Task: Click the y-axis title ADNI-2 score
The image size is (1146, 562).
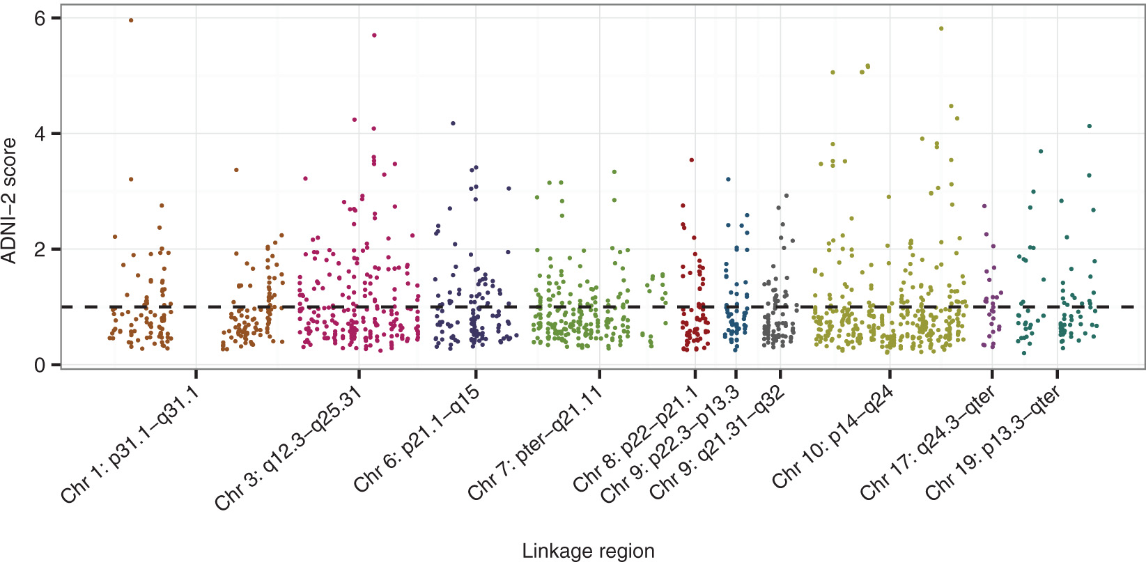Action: tap(10, 201)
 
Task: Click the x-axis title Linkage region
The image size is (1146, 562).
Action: tap(588, 551)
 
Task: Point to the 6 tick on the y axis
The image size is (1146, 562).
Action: tap(44, 18)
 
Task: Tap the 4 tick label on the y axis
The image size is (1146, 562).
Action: tap(44, 134)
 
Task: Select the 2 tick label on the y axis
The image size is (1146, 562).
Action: tap(44, 249)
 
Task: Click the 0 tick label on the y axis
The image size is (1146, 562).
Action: tap(44, 365)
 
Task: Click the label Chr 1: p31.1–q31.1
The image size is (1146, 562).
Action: tap(131, 444)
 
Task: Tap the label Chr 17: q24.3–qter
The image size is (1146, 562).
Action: tap(927, 443)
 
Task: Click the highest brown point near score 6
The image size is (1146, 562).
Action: tap(131, 20)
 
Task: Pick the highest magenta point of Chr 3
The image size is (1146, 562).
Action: tap(374, 35)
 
